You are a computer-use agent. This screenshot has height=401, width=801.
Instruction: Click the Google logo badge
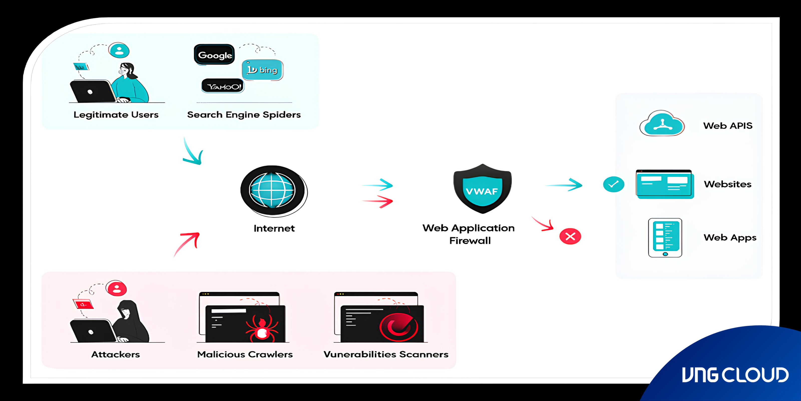pos(214,55)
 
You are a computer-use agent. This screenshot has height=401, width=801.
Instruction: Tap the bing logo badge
pos(262,70)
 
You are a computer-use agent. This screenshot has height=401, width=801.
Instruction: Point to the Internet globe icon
pos(272,190)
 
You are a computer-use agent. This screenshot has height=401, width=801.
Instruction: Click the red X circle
pos(570,237)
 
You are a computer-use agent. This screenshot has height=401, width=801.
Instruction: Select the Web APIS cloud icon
pos(662,124)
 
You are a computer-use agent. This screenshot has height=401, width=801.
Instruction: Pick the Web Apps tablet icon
pos(665,238)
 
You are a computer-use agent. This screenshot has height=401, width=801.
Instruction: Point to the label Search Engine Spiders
pos(244,115)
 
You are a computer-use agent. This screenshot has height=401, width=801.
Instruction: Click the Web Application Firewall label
pos(469,234)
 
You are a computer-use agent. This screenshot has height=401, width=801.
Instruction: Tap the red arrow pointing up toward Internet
pos(187,243)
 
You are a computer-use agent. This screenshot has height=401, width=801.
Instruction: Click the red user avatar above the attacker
pos(116,288)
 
